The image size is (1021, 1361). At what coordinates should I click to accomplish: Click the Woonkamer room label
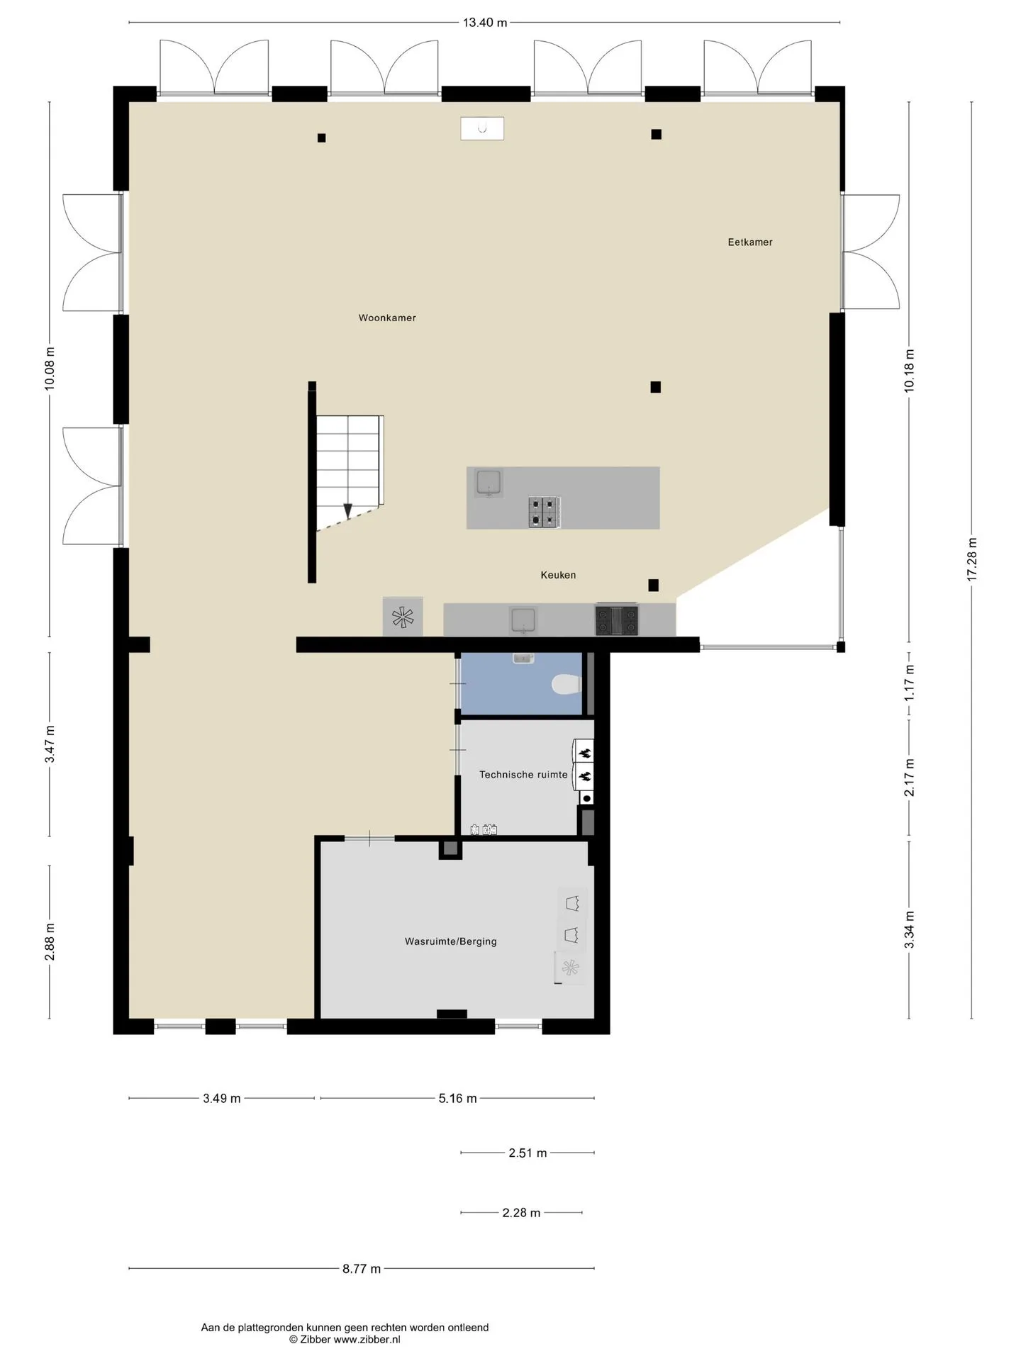[x=387, y=318]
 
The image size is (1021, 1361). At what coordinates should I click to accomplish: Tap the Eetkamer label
[x=750, y=242]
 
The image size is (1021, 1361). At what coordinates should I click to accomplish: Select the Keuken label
[x=558, y=575]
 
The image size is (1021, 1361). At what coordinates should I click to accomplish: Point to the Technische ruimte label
[x=523, y=775]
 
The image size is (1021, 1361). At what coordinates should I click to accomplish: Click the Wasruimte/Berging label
[x=451, y=941]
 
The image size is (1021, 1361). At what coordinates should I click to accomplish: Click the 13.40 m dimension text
[x=485, y=22]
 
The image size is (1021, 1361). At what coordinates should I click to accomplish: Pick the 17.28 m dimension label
[x=971, y=559]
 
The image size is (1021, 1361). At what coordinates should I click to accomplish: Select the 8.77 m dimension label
[x=362, y=1269]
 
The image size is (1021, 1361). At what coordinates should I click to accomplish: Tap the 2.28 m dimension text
[x=521, y=1213]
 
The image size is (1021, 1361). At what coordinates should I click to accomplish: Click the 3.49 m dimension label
[x=222, y=1098]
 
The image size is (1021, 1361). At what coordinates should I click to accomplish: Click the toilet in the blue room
[x=567, y=685]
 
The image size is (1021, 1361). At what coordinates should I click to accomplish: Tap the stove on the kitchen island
[x=545, y=512]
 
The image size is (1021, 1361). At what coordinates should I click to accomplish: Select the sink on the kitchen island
[x=489, y=482]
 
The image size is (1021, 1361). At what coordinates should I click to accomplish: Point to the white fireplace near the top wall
[x=482, y=128]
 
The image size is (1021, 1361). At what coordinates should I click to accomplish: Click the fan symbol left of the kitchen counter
[x=403, y=617]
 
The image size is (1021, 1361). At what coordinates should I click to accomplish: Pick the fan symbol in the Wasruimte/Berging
[x=571, y=967]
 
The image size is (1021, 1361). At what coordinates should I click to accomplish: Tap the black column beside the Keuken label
[x=653, y=585]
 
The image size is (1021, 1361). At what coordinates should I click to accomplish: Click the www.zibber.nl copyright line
[x=345, y=1339]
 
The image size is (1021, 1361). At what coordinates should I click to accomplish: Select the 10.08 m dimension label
[x=49, y=369]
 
